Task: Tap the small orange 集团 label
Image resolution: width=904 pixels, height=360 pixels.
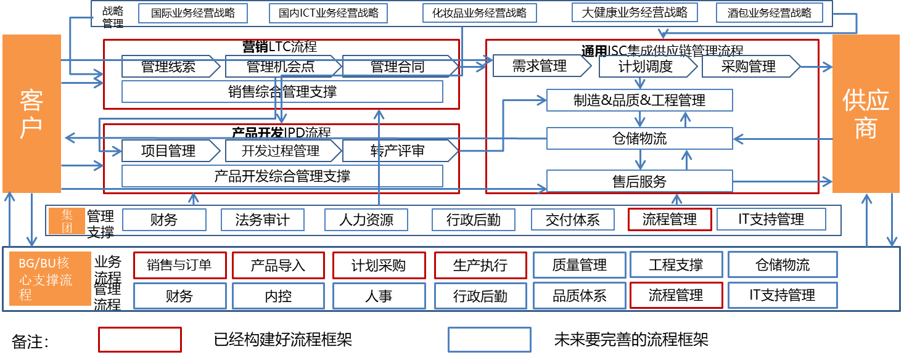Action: click(67, 221)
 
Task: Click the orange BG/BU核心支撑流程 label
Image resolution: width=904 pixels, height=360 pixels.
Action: click(50, 279)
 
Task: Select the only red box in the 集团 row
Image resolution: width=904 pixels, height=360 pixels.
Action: click(670, 219)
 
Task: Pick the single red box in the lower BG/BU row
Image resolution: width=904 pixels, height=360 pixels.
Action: click(676, 295)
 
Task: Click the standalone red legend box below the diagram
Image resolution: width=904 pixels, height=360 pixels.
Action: click(140, 340)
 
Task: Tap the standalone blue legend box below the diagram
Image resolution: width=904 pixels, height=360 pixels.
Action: click(489, 340)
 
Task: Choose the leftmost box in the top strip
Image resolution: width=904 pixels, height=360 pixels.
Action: click(193, 13)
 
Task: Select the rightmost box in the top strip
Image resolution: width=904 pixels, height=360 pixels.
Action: click(769, 13)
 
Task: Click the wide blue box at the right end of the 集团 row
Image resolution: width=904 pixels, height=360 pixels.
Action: click(771, 219)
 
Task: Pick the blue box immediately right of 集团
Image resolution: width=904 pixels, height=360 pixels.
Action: click(164, 219)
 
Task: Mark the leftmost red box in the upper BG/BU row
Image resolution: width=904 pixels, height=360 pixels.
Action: click(179, 265)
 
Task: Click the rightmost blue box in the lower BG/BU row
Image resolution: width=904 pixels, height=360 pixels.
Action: click(783, 295)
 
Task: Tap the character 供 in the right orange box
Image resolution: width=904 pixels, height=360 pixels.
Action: click(854, 100)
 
